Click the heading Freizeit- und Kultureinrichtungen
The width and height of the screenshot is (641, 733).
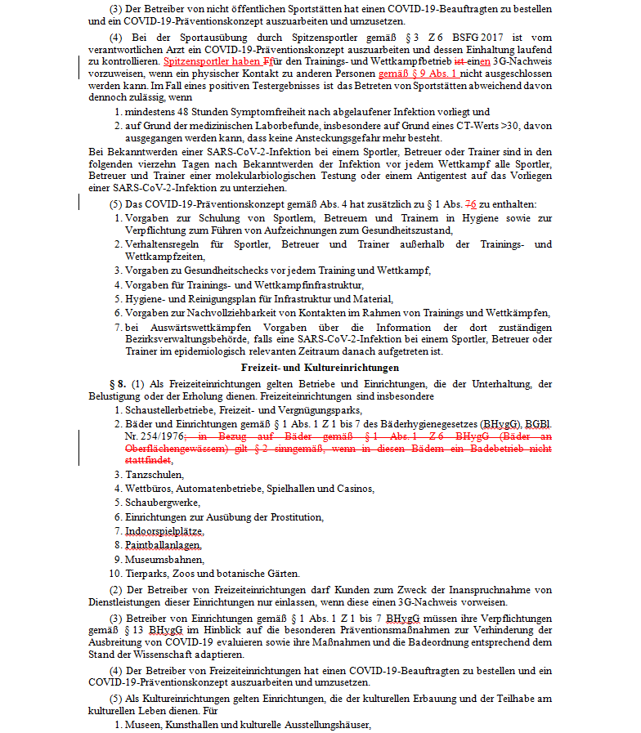pyautogui.click(x=320, y=368)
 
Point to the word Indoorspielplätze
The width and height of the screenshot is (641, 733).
pyautogui.click(x=164, y=531)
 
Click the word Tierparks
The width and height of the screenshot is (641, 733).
pyautogui.click(x=145, y=573)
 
